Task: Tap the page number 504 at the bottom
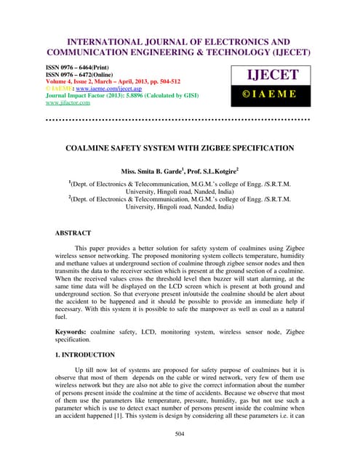pyautogui.click(x=180, y=434)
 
